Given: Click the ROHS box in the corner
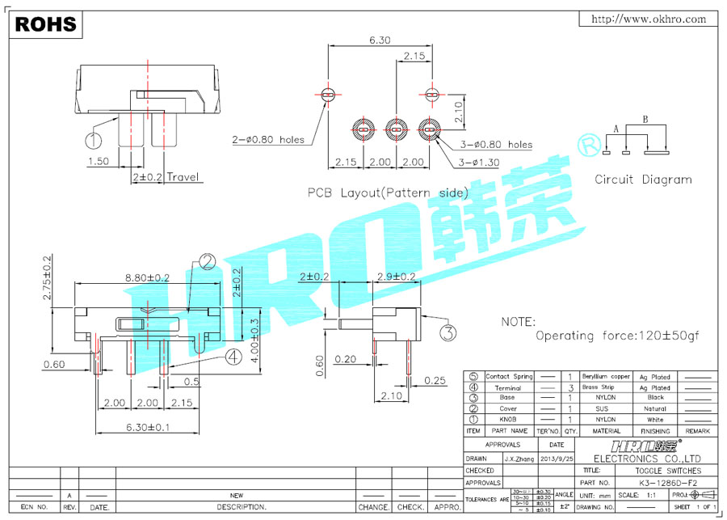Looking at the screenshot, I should click(x=46, y=24).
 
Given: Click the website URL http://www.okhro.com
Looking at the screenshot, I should click(x=649, y=19).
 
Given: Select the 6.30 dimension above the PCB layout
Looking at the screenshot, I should click(x=380, y=39).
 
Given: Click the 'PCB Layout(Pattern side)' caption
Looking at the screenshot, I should click(x=387, y=192).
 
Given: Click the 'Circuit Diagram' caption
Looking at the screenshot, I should click(x=643, y=180).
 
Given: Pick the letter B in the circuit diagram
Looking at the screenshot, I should click(x=645, y=119).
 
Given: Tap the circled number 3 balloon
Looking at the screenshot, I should click(x=448, y=331).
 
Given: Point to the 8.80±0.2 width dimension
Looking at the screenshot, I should click(x=148, y=277).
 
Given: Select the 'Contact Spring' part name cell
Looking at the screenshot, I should click(x=509, y=377).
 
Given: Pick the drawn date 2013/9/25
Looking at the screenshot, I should click(x=557, y=458).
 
